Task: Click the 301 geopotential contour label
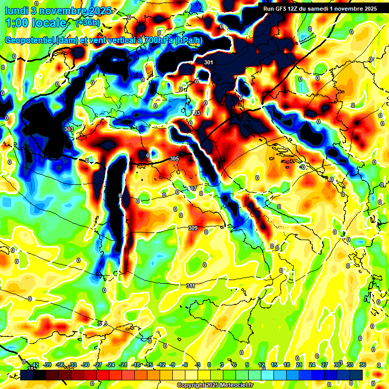209,62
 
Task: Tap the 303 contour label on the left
69,129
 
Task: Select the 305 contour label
174,159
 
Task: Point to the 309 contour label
192,228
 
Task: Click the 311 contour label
190,286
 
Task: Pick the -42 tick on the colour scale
35,364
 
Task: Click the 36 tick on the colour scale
363,364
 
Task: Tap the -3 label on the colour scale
198,364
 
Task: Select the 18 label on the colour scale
274,364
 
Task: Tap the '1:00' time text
18,23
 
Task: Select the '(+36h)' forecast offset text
88,23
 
